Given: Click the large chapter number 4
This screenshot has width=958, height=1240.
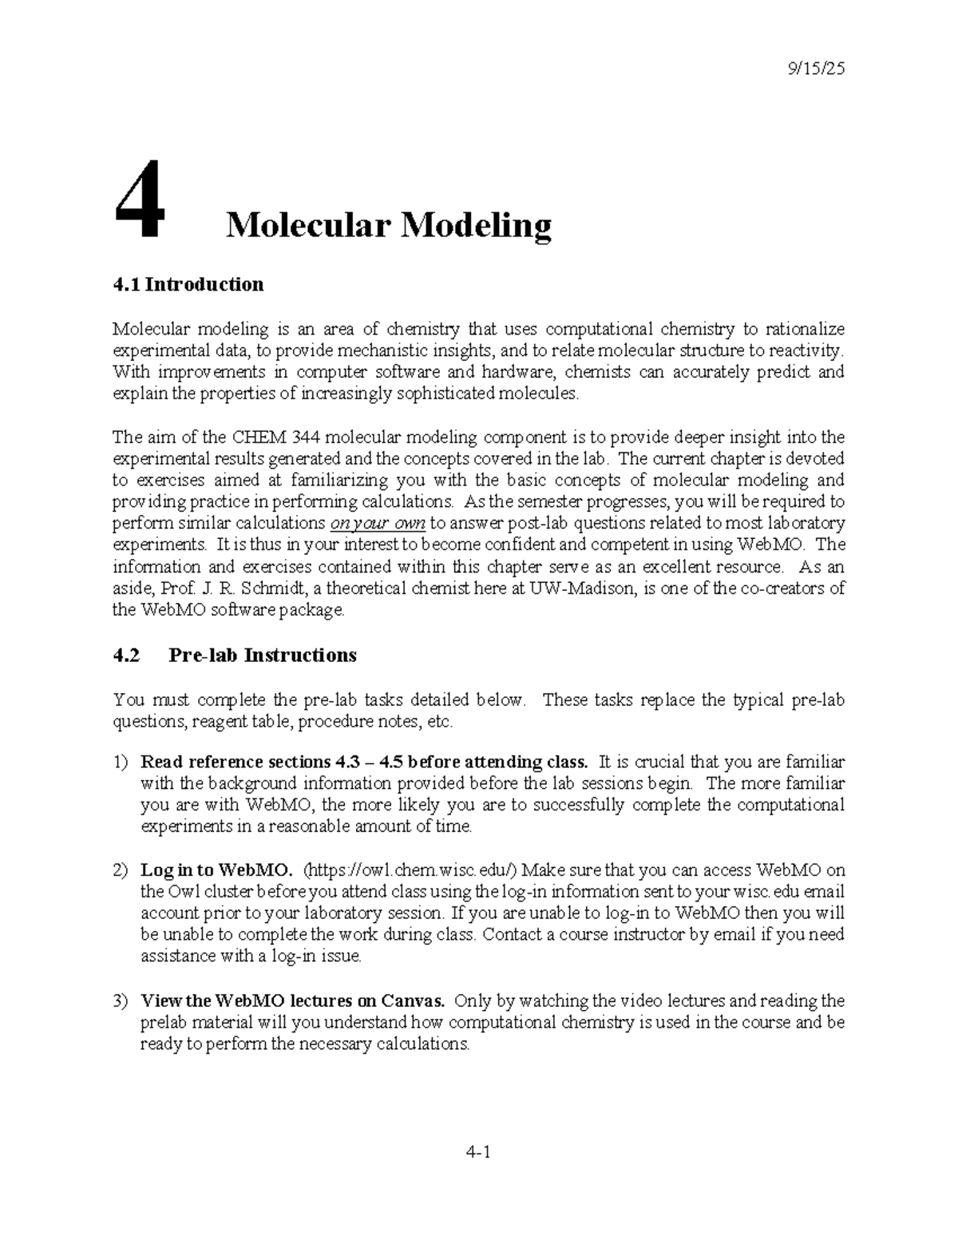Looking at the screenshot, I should pos(141,200).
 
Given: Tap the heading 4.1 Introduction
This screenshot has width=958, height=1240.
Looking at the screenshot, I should pos(188,284).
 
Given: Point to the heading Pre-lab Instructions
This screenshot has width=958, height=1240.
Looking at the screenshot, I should pos(263,656).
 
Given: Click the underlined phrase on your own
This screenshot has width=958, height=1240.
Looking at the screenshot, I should pos(378,524).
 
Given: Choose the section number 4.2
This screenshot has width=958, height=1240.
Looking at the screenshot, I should pos(126,656).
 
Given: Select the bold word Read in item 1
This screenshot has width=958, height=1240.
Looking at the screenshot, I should pos(160,762).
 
